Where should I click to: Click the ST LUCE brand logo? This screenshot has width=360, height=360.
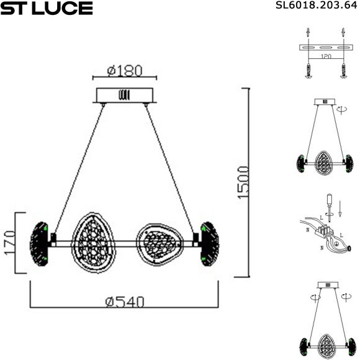tap(47, 8)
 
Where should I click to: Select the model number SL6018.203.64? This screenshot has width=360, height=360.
tap(316, 7)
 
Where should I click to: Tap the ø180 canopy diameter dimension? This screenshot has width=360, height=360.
tap(124, 71)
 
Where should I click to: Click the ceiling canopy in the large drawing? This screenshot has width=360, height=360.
tap(124, 96)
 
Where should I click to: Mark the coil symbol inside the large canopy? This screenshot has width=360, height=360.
tap(124, 96)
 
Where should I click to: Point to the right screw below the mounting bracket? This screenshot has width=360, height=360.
tap(343, 71)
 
